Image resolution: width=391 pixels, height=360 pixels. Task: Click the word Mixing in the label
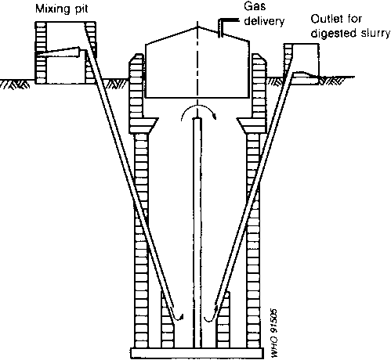(52, 9)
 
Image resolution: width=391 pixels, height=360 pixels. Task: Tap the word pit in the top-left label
(81, 9)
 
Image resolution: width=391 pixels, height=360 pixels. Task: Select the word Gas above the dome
(255, 5)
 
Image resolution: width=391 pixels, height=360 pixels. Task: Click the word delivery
(264, 21)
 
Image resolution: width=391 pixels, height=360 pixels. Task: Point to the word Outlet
(327, 19)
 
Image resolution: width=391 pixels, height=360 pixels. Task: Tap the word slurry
(375, 34)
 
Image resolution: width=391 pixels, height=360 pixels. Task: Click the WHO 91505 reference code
(273, 333)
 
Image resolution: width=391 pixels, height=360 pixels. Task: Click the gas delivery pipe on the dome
(226, 26)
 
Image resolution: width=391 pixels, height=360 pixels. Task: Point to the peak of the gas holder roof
(197, 27)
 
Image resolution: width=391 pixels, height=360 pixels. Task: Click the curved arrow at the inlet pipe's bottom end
(177, 316)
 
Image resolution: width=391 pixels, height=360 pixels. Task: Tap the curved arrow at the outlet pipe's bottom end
(210, 315)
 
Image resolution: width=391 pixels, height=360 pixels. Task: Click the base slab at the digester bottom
(197, 353)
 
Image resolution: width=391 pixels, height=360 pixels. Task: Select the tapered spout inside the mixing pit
(59, 52)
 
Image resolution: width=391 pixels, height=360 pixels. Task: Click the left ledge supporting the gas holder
(148, 125)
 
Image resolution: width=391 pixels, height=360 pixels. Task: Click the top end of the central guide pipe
(197, 119)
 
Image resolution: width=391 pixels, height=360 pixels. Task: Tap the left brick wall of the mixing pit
(41, 52)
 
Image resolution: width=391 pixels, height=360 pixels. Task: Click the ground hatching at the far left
(15, 84)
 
